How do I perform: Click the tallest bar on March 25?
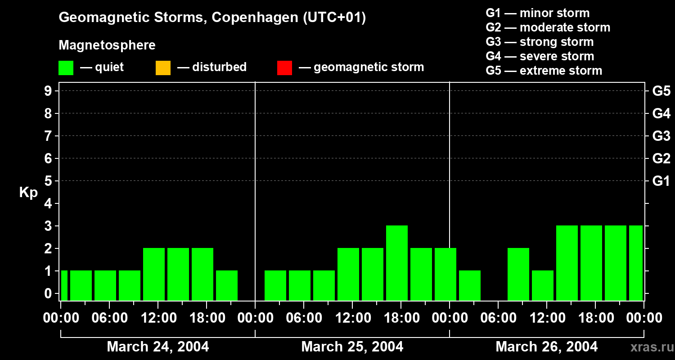coord(396,263)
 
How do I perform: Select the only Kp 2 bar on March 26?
coord(518,274)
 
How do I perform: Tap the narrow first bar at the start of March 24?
coord(64,285)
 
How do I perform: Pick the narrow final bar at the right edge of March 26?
coord(635,263)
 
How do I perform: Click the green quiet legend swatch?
coord(66,68)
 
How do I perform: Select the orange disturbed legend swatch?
coord(163,68)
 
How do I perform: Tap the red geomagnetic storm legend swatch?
coord(284,68)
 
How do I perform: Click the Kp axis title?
coord(28,193)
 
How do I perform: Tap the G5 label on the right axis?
coord(661,91)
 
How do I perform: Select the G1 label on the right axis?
coord(661,181)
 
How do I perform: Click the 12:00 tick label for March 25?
coord(353,318)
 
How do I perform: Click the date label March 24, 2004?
coord(157,346)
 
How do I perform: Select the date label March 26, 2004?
coord(546,346)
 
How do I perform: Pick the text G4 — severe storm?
coord(540,56)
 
